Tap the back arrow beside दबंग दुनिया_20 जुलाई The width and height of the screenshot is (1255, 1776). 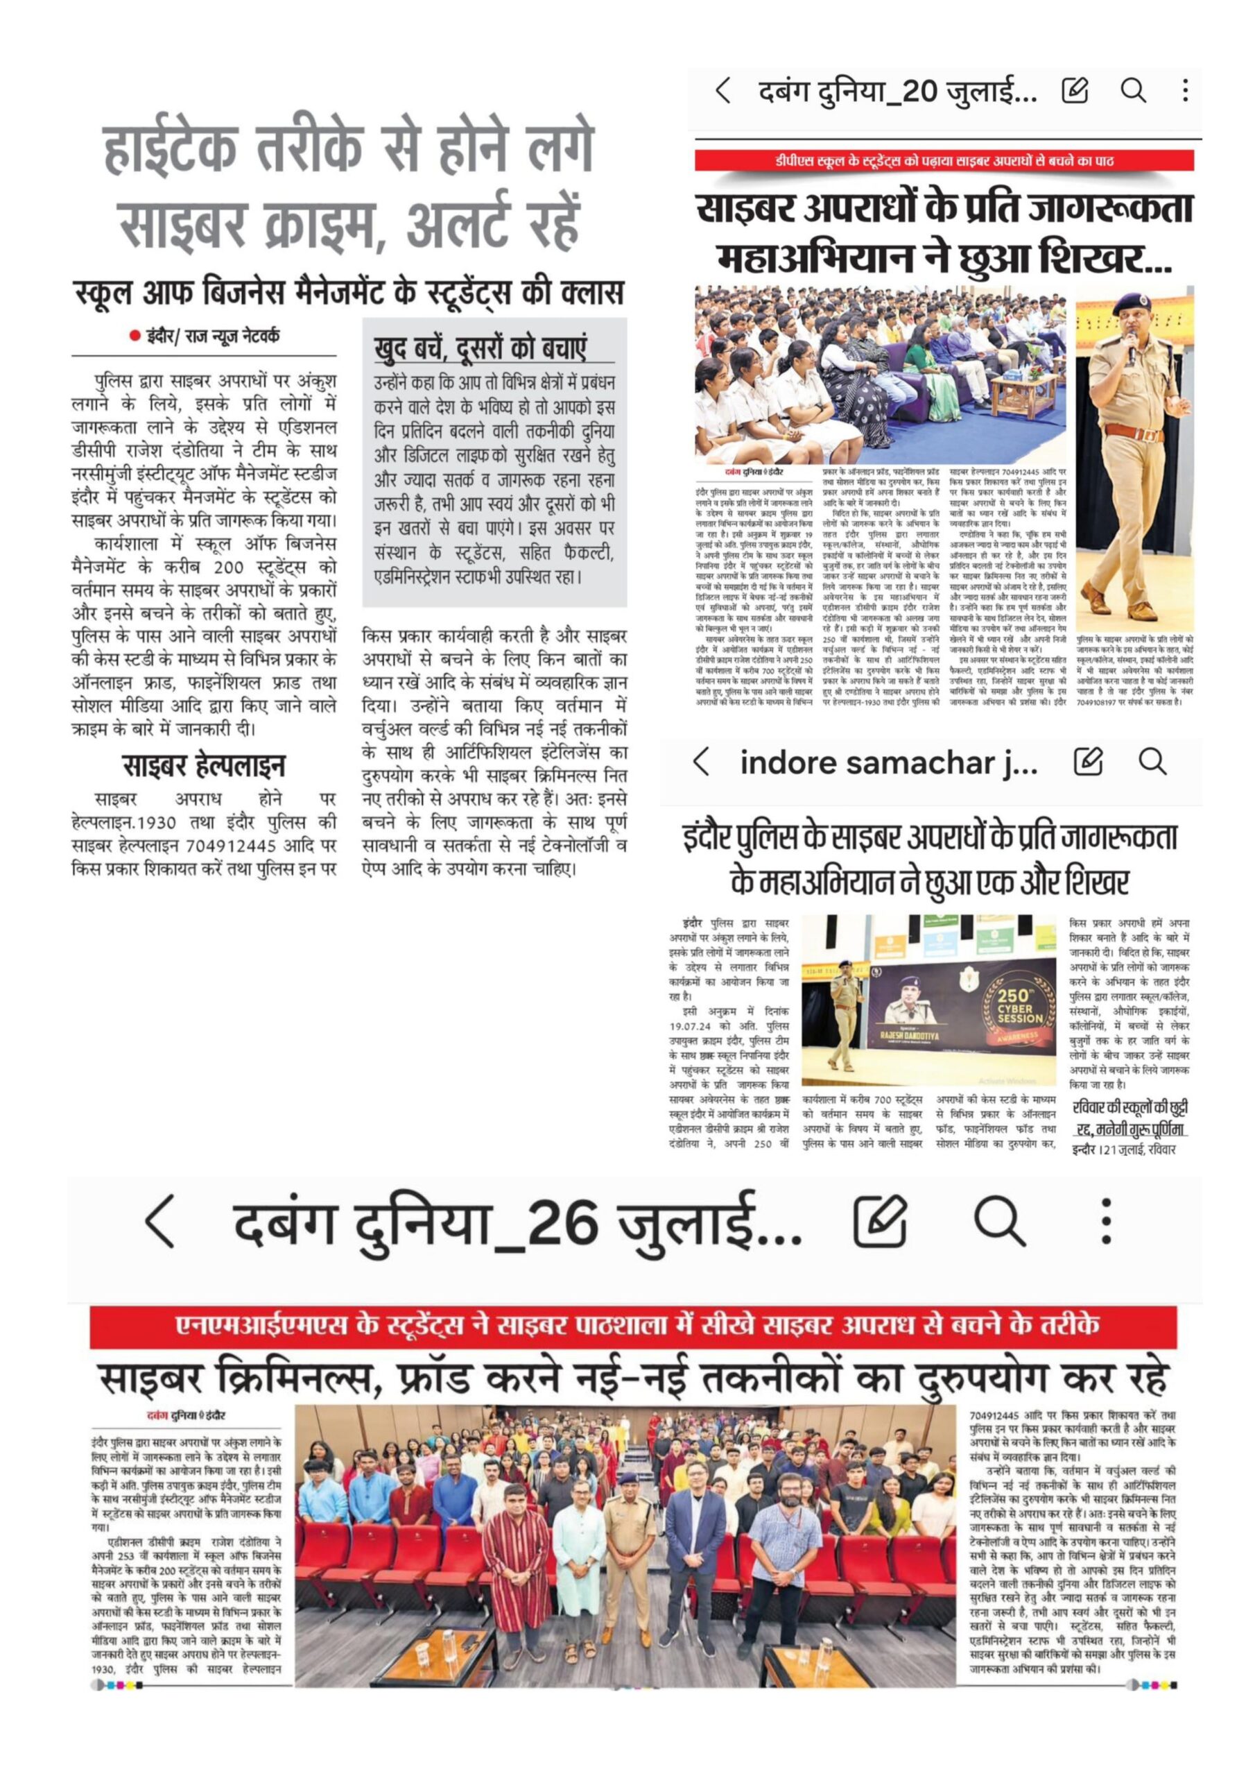click(x=723, y=92)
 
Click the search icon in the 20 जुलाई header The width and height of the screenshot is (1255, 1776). click(x=1133, y=92)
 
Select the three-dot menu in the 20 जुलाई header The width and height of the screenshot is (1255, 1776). click(x=1185, y=92)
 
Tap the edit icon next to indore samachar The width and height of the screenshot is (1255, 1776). click(x=1088, y=762)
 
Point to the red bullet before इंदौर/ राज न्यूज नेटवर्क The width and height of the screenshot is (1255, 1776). click(x=135, y=336)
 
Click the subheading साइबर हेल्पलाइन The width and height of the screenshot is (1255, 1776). click(x=203, y=766)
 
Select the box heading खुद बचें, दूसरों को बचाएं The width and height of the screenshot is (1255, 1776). click(x=479, y=348)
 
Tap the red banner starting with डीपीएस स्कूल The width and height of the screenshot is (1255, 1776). click(x=944, y=161)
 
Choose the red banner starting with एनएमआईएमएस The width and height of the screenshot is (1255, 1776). click(x=632, y=1325)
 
